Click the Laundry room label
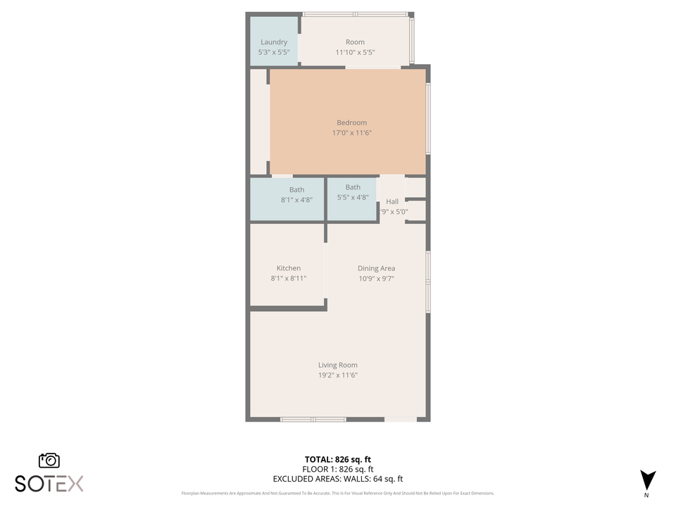[274, 42]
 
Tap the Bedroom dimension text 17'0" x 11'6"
[351, 132]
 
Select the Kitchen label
[288, 268]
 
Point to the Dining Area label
[376, 268]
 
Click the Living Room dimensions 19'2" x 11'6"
[338, 375]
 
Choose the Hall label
[392, 202]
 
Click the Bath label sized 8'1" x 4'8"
[296, 189]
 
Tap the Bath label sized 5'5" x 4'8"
[353, 187]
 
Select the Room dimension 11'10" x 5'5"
[355, 52]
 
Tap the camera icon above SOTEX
[49, 461]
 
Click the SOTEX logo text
[49, 484]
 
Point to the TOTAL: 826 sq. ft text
[337, 458]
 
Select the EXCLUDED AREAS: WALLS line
[337, 479]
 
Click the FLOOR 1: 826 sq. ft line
[337, 469]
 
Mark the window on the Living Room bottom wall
[313, 419]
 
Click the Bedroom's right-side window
[427, 118]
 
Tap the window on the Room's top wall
[355, 14]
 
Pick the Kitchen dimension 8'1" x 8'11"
[288, 279]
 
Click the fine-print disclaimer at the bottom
[337, 493]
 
